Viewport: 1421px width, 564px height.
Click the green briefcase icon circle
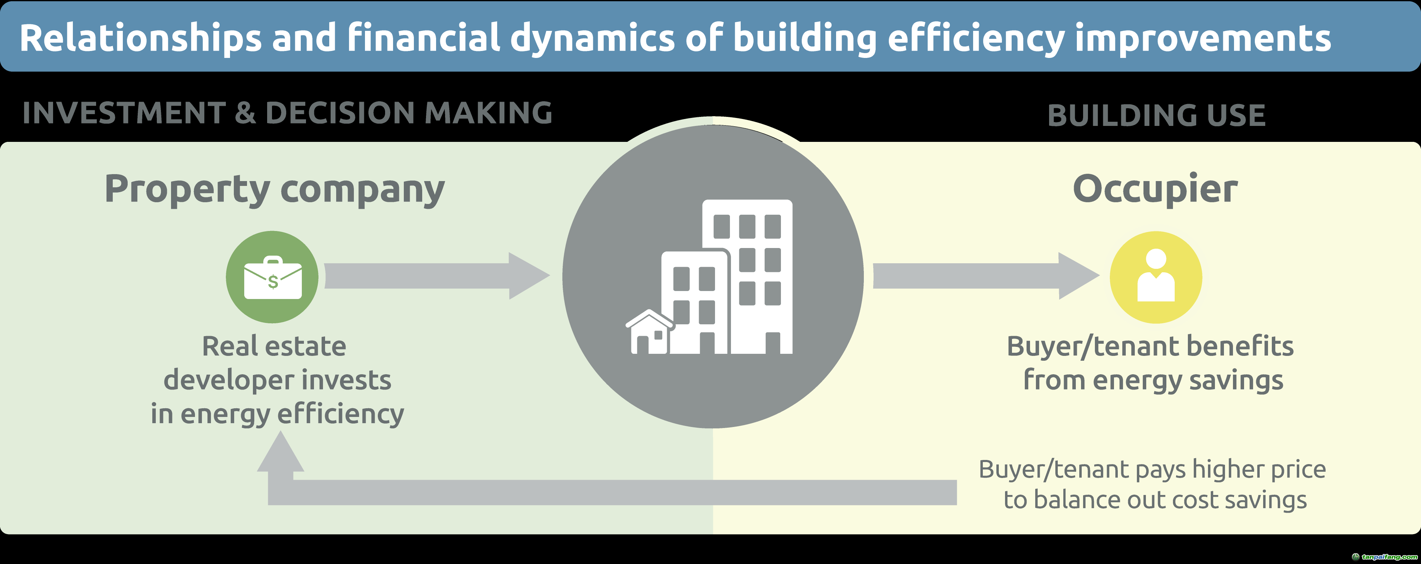point(272,277)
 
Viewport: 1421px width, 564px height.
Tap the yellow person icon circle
point(1156,277)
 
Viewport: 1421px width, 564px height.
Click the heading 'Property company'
point(274,189)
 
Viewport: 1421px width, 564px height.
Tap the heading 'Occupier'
point(1155,189)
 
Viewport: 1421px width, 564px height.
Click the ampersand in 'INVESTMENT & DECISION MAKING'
point(245,113)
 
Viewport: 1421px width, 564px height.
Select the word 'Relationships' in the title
point(140,39)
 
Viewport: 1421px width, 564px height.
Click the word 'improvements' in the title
point(1202,39)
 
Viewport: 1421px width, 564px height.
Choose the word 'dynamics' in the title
point(592,39)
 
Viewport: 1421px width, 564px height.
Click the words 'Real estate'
point(274,346)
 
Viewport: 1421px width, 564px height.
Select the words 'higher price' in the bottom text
point(1259,469)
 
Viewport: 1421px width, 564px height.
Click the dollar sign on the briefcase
point(272,282)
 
